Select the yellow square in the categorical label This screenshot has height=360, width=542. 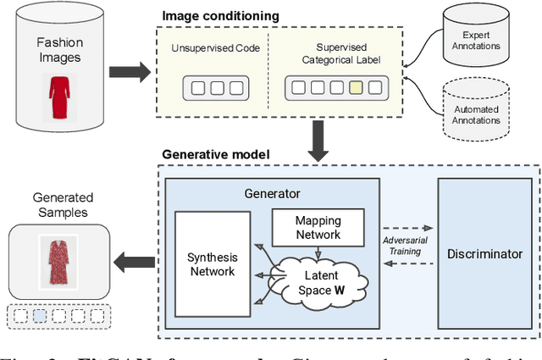[356, 86]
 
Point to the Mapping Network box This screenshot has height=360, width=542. [317, 227]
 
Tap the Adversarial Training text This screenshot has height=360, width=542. [407, 245]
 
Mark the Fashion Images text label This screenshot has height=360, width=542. [59, 48]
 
